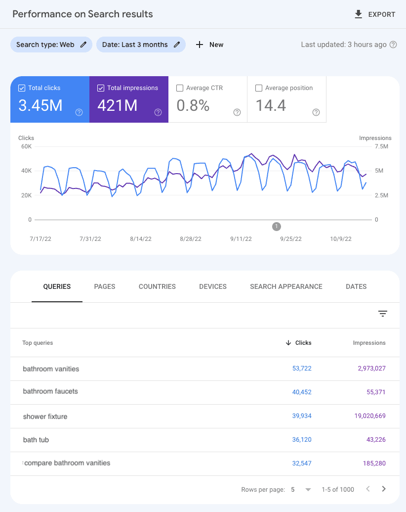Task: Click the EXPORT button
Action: tap(375, 14)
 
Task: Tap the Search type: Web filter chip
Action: tap(51, 45)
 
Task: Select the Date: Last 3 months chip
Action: tap(141, 45)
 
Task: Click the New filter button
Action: tap(210, 45)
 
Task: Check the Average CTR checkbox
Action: tap(180, 88)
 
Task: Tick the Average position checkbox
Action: tap(259, 88)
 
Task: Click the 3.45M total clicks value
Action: tap(41, 105)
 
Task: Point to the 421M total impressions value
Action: tap(117, 105)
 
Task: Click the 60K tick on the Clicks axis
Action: tap(26, 146)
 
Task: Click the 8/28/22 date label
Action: tap(190, 239)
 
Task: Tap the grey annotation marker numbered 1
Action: tap(277, 227)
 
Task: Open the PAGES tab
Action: tap(105, 286)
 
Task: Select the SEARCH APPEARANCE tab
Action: tap(286, 286)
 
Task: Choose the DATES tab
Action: tap(356, 286)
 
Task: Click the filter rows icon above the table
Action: tap(383, 314)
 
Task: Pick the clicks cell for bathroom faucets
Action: tap(302, 392)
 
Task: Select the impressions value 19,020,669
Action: tap(370, 416)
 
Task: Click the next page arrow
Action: tap(384, 489)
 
